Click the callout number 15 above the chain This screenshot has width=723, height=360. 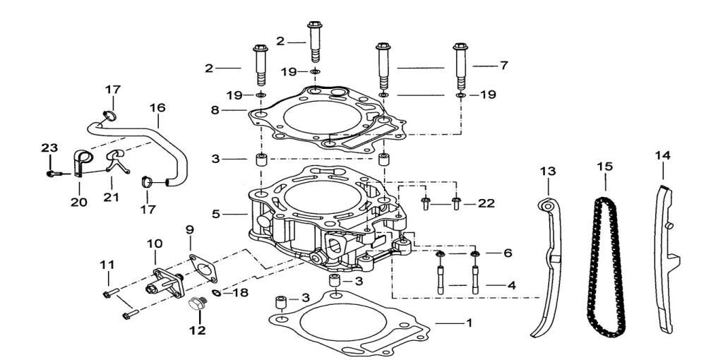coord(604,167)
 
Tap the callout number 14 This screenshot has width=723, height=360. coord(662,155)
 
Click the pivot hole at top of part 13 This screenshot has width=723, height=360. coord(546,205)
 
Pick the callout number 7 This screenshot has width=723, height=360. coord(503,66)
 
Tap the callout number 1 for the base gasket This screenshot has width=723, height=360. coord(467,323)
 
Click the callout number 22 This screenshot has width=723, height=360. coord(486,204)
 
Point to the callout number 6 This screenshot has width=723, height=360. coord(508,253)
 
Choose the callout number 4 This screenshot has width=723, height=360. coord(511,286)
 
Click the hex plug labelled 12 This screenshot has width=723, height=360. coord(196,306)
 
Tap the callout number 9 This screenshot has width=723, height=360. coord(189,229)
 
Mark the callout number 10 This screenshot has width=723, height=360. coord(155,244)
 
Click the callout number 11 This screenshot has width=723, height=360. coord(107,265)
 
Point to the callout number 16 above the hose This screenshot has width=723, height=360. coord(157,108)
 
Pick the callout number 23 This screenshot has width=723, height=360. coord(48,148)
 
